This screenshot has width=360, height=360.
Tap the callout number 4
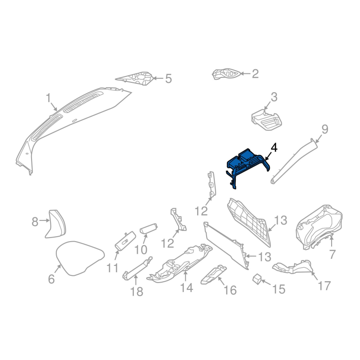tap(274, 148)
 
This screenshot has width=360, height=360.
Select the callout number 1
tap(48, 98)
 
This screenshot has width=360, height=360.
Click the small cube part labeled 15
tap(257, 279)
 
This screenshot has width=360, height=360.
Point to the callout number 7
tap(332, 254)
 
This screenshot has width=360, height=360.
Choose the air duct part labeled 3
tap(266, 120)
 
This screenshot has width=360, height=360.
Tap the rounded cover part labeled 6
tap(80, 258)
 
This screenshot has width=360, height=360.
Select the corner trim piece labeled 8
tap(55, 224)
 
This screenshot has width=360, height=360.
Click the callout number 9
tap(324, 129)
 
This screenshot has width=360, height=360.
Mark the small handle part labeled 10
tap(148, 229)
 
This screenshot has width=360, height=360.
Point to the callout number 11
tap(112, 268)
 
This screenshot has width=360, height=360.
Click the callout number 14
tap(186, 287)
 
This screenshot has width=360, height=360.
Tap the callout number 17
tap(324, 285)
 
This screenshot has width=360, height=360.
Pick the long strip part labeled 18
tap(138, 268)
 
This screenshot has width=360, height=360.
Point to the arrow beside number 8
tap(44, 220)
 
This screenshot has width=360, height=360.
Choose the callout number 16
tap(230, 290)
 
